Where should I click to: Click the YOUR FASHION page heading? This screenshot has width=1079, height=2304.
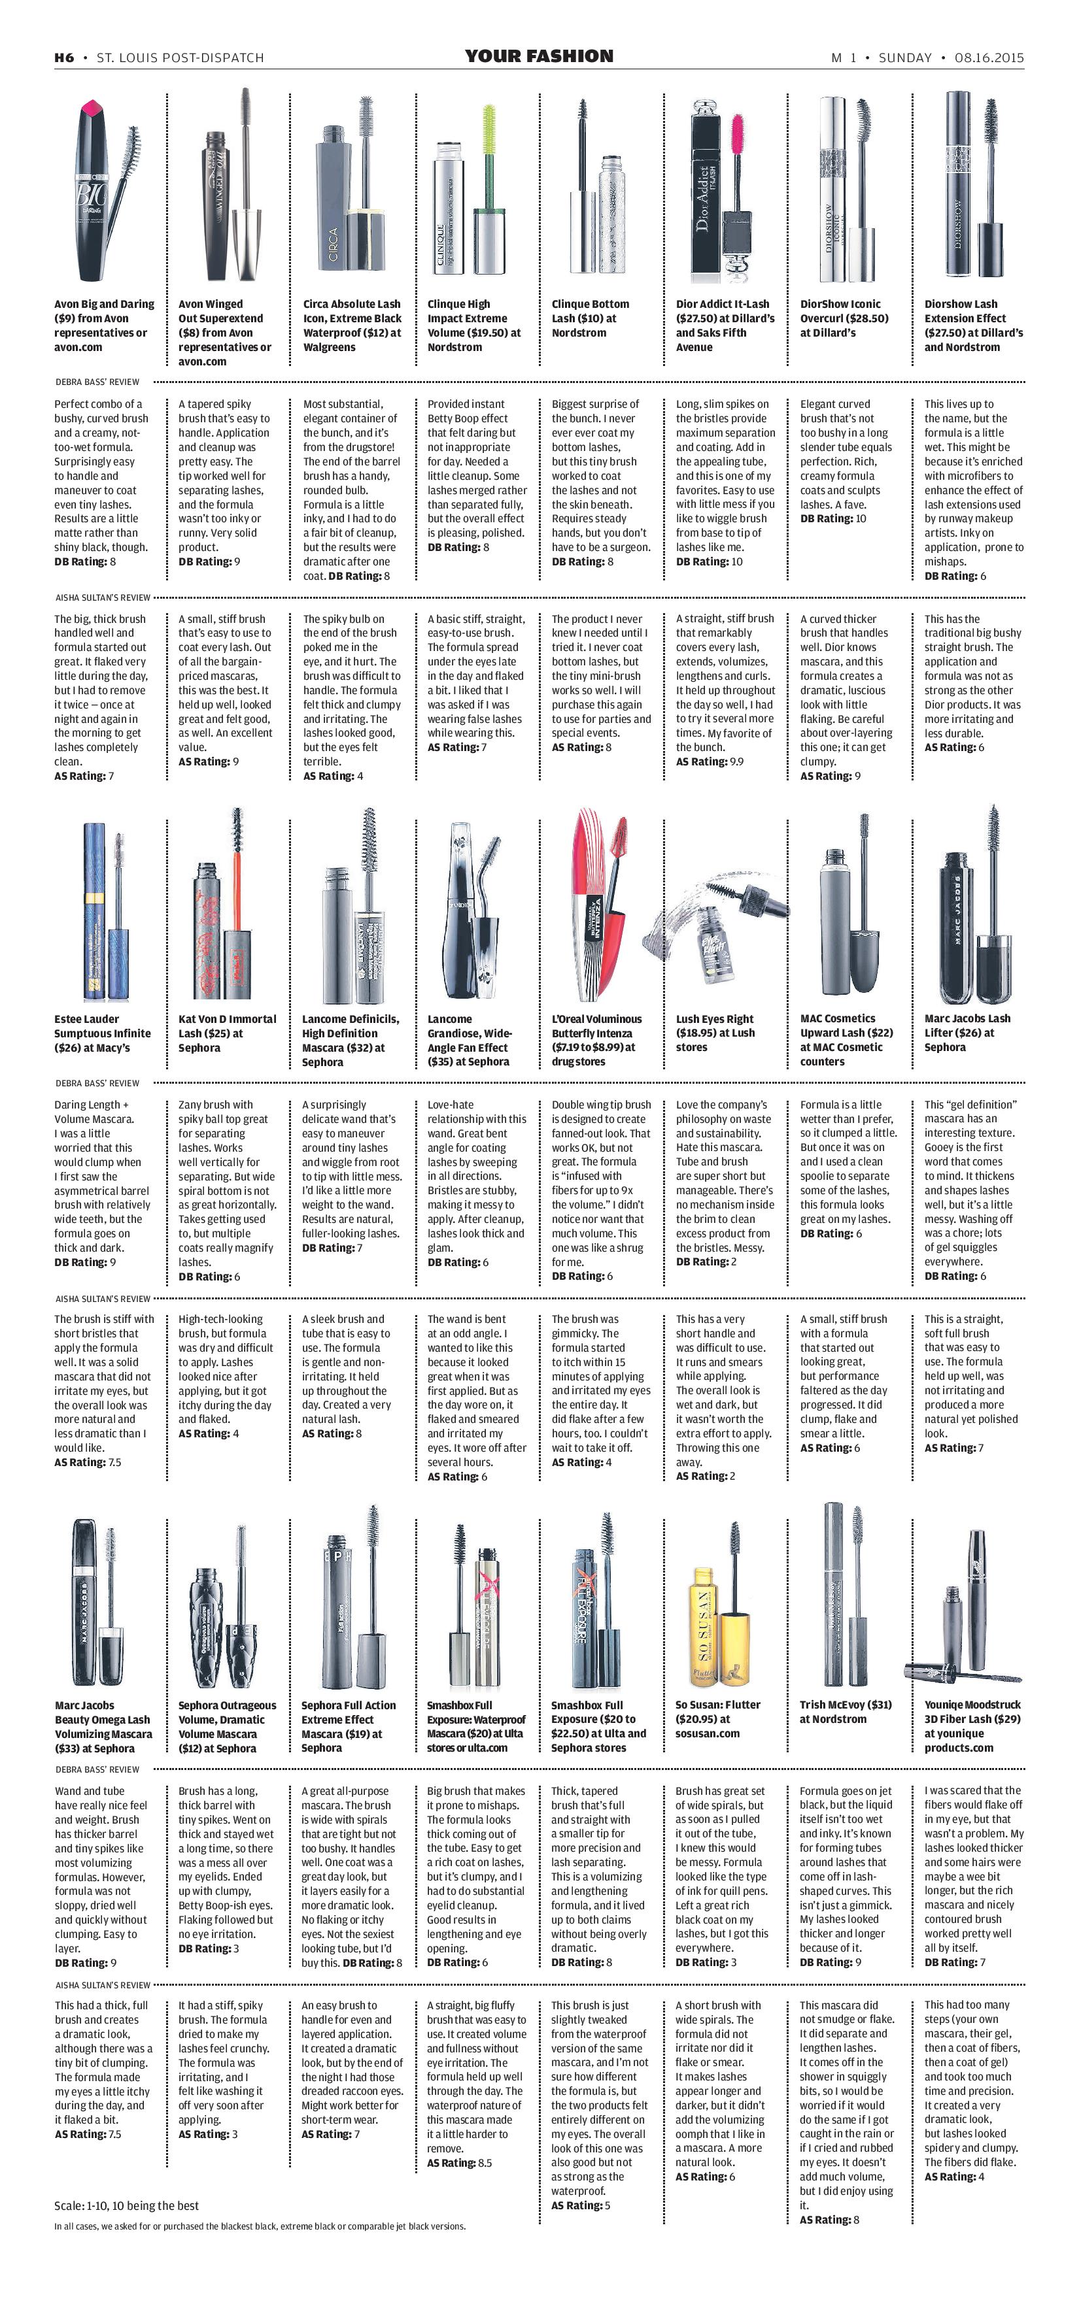(539, 56)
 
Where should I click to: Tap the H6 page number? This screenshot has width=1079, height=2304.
(63, 58)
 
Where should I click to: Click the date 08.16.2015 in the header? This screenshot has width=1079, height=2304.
(989, 58)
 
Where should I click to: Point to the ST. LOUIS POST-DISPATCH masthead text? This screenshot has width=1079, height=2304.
(180, 58)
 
